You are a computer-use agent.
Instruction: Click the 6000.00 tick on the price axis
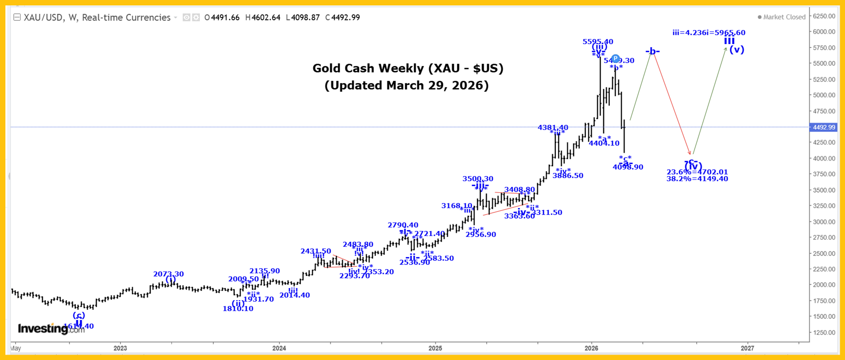click(x=824, y=32)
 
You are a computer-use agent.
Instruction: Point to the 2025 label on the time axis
click(x=435, y=348)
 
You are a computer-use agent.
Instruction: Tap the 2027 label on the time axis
click(x=747, y=348)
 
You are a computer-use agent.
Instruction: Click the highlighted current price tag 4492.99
click(x=824, y=127)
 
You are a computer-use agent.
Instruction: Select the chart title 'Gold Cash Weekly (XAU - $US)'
click(x=408, y=68)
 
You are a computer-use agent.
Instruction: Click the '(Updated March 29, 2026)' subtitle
click(x=406, y=85)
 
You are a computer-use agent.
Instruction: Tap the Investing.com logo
click(x=51, y=328)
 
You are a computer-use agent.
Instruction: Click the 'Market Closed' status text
click(x=784, y=17)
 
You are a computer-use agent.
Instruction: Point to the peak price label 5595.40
click(x=598, y=42)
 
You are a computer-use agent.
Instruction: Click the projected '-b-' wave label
click(x=653, y=51)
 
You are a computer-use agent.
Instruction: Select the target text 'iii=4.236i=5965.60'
click(x=709, y=32)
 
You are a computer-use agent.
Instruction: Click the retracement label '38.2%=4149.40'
click(x=697, y=179)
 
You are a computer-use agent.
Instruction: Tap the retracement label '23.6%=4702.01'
click(x=697, y=172)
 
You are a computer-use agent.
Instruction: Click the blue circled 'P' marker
click(x=615, y=58)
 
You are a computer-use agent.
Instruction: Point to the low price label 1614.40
click(x=79, y=326)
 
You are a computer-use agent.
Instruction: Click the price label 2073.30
click(x=169, y=274)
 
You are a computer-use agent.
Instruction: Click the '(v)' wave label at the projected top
click(x=736, y=50)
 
